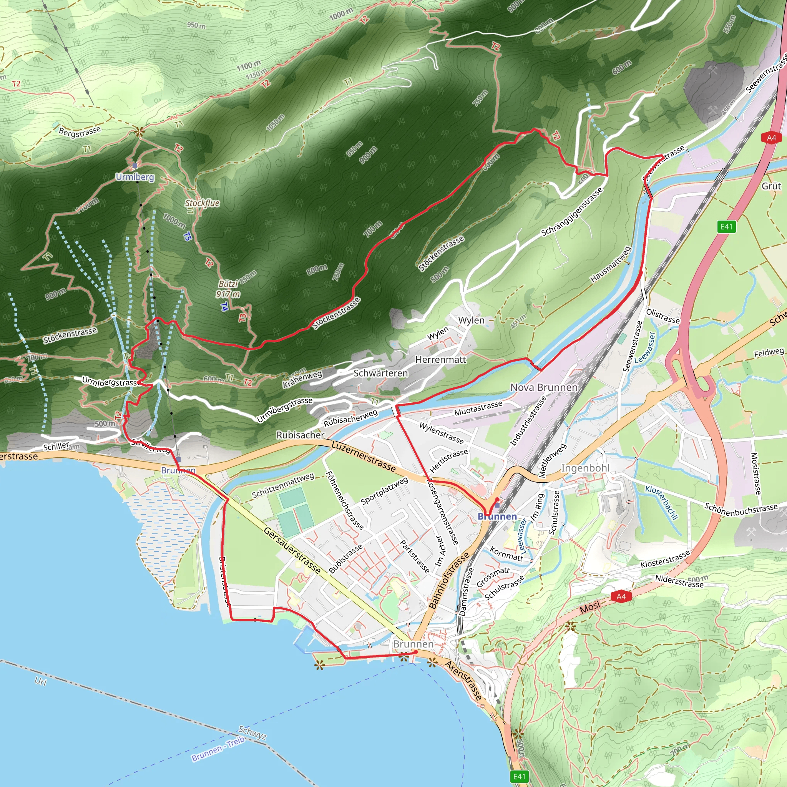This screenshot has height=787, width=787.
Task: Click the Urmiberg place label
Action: tap(135, 177)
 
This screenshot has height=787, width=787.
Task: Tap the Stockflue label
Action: tap(202, 203)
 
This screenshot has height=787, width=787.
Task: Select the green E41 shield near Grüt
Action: tap(726, 226)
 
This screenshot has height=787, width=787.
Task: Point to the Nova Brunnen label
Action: tap(544, 387)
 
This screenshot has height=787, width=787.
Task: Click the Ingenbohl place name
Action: tap(585, 468)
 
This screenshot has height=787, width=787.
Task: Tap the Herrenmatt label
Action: tap(441, 359)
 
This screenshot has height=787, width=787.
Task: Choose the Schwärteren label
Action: tap(380, 373)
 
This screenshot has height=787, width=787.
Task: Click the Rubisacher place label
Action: tap(300, 435)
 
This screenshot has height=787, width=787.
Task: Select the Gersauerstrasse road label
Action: tap(292, 551)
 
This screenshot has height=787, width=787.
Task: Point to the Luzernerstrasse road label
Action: tap(364, 456)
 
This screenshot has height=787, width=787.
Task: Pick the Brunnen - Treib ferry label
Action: tap(218, 749)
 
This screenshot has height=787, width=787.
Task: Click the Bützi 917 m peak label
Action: tap(228, 289)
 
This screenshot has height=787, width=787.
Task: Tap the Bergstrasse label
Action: tap(80, 131)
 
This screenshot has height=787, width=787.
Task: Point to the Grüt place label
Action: tap(771, 186)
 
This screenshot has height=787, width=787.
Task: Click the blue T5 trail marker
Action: tap(187, 236)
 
